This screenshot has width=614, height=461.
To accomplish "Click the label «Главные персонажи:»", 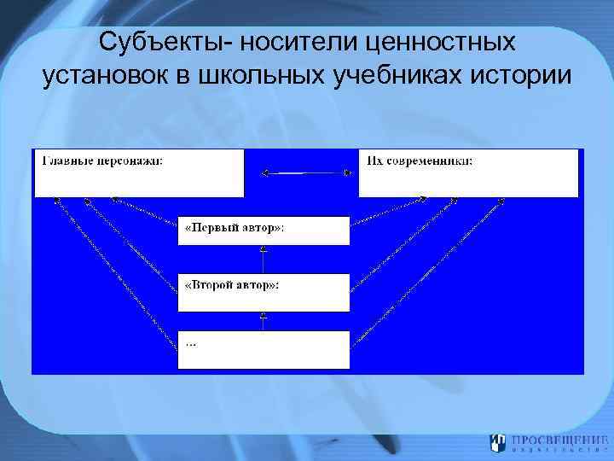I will point(103,160).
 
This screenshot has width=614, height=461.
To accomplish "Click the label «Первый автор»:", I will point(235,228).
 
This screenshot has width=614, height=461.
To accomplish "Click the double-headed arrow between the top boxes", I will point(306,173).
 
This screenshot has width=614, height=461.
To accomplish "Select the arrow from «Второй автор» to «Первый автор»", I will point(264,260).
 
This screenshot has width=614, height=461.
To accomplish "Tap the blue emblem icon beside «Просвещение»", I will point(497,443).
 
